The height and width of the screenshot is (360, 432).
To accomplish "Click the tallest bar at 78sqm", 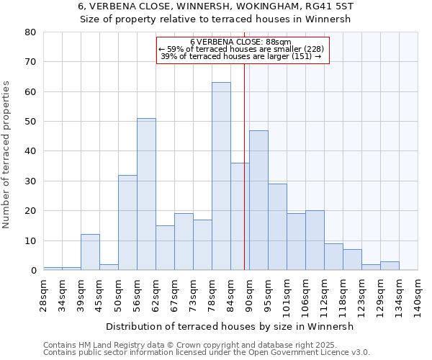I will [221, 176].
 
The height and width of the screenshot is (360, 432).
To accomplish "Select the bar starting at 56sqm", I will [146, 194].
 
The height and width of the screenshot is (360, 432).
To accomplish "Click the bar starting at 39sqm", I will [90, 252].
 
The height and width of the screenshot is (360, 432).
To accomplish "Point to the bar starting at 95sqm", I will [277, 227].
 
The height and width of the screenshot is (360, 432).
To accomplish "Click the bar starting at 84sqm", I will [240, 216].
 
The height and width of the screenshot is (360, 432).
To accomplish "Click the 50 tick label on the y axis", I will [30, 122].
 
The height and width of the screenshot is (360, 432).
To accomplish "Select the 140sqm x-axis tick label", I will [418, 297].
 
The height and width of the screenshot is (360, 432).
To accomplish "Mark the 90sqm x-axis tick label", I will [249, 295].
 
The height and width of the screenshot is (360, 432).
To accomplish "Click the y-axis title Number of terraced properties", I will [6, 155].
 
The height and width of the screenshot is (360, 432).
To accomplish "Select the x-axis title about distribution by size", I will [230, 326].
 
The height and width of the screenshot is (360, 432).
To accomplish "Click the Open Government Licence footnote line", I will [207, 352].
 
